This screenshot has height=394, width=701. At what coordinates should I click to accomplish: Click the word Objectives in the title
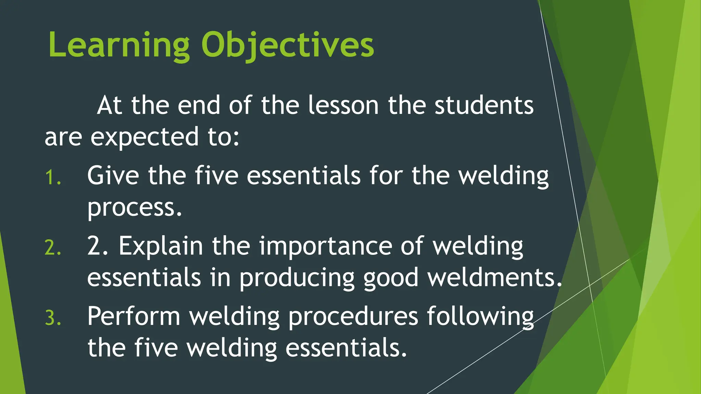288,45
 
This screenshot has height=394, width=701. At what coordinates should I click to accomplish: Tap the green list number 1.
53,178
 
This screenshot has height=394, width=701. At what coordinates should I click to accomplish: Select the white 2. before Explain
98,246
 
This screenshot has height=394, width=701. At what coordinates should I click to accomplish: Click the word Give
113,176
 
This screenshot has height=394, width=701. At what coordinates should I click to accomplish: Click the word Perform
134,316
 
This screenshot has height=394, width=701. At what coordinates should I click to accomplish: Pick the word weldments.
495,277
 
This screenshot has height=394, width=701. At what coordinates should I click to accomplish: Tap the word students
484,105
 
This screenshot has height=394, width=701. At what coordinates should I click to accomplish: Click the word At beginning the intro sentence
110,105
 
